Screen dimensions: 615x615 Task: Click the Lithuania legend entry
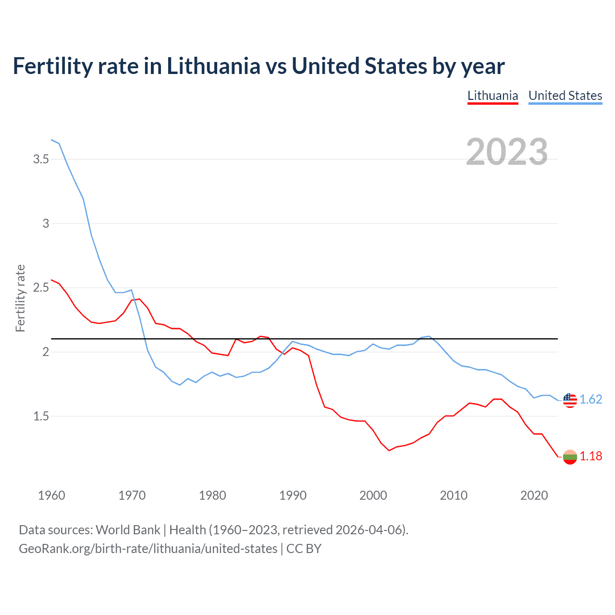[492, 96]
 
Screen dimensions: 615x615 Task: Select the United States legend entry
[565, 96]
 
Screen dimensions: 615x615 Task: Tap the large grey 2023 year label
[507, 152]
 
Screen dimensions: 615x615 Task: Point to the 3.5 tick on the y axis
[41, 159]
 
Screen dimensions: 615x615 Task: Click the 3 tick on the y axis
[46, 223]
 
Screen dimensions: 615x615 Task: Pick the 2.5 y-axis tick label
[41, 288]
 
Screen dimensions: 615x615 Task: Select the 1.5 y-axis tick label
[41, 416]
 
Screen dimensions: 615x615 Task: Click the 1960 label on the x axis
[51, 495]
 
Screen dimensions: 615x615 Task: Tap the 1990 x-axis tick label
[293, 495]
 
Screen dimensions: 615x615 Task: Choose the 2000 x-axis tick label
[373, 495]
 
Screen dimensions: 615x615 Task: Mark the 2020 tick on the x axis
[534, 495]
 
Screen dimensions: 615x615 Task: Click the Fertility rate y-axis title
[20, 298]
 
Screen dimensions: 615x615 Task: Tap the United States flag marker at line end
[570, 400]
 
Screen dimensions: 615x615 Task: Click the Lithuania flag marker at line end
[570, 457]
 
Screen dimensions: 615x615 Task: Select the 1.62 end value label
[590, 400]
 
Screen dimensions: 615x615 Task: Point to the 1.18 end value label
[590, 456]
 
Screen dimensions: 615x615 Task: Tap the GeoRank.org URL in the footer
[148, 549]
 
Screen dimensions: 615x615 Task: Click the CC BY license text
[304, 549]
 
